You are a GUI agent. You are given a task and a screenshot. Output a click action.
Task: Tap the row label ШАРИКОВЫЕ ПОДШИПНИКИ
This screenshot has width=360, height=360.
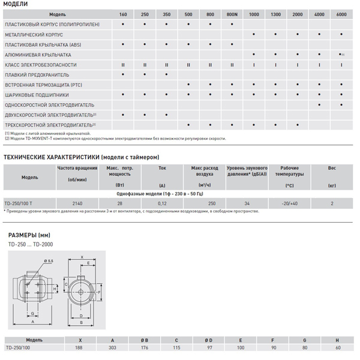click(x=37, y=94)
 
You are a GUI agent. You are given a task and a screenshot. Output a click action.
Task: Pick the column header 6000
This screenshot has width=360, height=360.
click(x=341, y=13)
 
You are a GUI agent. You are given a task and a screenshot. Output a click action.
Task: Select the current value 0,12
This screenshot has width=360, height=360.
click(x=163, y=203)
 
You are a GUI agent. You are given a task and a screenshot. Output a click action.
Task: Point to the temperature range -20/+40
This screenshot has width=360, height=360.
click(x=290, y=203)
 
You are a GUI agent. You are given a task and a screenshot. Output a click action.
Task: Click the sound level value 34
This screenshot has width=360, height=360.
click(x=247, y=203)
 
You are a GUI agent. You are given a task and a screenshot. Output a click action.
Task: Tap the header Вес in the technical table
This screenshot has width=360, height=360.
click(x=332, y=169)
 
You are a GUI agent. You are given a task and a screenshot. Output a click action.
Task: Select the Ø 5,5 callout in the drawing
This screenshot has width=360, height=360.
click(x=49, y=260)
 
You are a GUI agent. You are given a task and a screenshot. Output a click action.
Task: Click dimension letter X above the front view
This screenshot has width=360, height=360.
click(x=82, y=256)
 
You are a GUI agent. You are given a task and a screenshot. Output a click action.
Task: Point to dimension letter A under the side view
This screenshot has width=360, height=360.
click(x=32, y=322)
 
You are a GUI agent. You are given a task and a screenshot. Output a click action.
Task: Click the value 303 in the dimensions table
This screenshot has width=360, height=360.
click(x=112, y=347)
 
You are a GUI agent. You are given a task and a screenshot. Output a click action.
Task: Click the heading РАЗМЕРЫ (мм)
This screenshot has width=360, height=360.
click(x=29, y=235)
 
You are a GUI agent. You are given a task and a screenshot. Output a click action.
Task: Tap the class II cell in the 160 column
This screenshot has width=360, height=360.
click(x=123, y=64)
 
